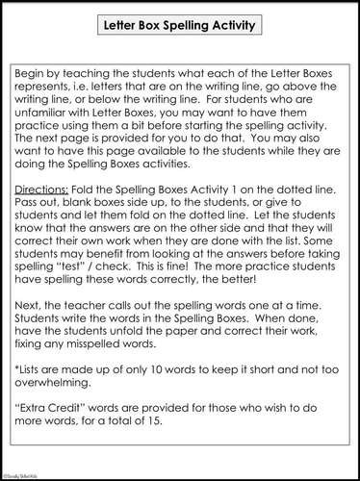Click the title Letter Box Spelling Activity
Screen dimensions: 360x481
[x=180, y=27]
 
